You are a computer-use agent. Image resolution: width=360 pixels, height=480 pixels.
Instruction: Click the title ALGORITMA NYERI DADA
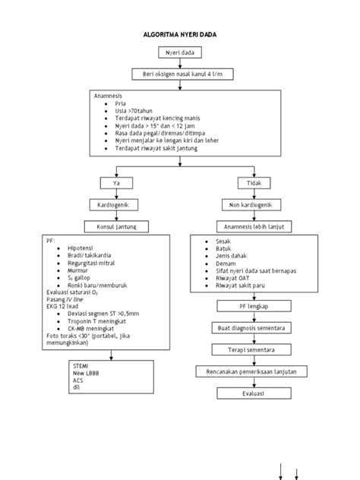click(x=180, y=35)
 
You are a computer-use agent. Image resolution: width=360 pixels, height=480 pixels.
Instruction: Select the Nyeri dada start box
click(x=179, y=52)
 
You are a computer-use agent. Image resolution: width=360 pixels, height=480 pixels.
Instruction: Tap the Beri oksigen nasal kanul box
click(x=179, y=74)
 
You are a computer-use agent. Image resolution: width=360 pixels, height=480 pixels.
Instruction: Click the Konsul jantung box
click(x=115, y=226)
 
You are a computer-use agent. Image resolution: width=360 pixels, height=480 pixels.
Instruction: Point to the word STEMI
click(x=80, y=366)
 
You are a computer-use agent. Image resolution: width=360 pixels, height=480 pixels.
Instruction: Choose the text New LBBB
click(x=84, y=374)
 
